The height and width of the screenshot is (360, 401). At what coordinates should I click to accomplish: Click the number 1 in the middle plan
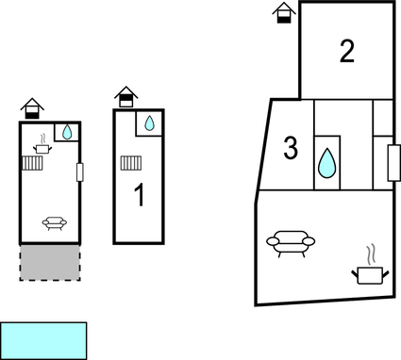click(x=140, y=196)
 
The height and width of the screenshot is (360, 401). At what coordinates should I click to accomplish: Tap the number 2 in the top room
click(x=346, y=51)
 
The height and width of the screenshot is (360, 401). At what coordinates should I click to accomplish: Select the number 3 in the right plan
click(x=291, y=148)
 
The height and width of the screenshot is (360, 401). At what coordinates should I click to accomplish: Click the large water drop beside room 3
click(x=326, y=162)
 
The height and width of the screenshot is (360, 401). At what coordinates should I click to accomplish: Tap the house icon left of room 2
click(x=283, y=12)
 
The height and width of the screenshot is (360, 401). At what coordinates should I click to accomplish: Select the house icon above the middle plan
click(x=125, y=96)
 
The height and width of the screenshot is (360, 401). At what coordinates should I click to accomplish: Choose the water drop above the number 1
click(x=149, y=123)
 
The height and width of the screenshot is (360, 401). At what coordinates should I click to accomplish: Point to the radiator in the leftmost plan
click(x=34, y=163)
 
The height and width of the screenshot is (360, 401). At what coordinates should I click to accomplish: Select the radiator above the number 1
click(x=131, y=164)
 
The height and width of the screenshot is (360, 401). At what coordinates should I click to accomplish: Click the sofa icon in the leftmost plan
click(x=54, y=223)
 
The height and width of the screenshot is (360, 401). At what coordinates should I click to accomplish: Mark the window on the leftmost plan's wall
click(x=80, y=172)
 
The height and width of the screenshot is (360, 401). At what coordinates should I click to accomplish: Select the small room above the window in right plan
click(x=382, y=117)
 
